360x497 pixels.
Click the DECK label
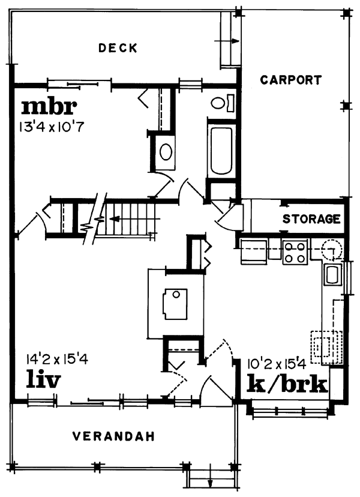click(x=118, y=48)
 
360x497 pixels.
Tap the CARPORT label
click(x=291, y=80)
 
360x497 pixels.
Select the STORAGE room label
click(x=311, y=219)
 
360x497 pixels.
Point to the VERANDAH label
click(x=114, y=436)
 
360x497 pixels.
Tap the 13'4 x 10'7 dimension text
click(x=52, y=127)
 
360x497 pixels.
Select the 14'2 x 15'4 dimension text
click(x=58, y=360)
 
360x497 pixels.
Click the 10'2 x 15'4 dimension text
click(x=276, y=364)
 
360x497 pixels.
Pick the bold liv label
click(x=43, y=379)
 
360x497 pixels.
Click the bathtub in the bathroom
click(x=221, y=151)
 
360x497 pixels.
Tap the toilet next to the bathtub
click(x=223, y=103)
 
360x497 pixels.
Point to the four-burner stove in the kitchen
click(x=295, y=252)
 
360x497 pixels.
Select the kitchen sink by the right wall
click(x=333, y=275)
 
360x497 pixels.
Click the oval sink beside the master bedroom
click(x=166, y=152)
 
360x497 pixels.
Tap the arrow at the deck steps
click(x=226, y=41)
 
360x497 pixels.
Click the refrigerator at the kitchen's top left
click(x=254, y=252)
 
